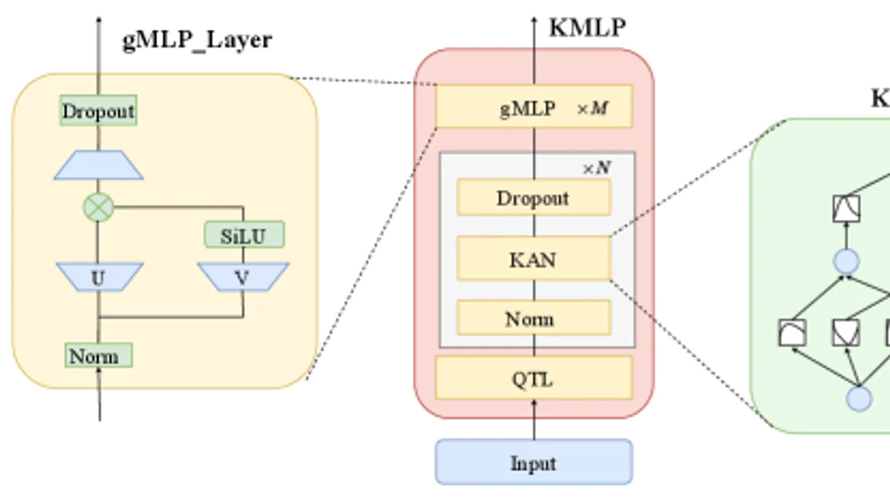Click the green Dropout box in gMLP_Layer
pos(98,111)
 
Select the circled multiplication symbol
pos(98,207)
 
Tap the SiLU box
pos(243,236)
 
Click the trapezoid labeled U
pos(99,278)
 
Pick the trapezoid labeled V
pos(243,278)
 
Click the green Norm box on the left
pos(98,356)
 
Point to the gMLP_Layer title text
pos(197,39)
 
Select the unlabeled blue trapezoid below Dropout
pos(99,166)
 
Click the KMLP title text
pos(587,27)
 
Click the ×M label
pos(593,109)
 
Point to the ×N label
pos(596,168)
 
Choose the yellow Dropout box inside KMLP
pos(533,198)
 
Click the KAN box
pos(533,259)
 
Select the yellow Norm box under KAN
pos(533,319)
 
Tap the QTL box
pos(533,379)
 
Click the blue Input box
pos(533,462)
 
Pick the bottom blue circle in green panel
pos(859,399)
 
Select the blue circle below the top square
pos(846,261)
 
